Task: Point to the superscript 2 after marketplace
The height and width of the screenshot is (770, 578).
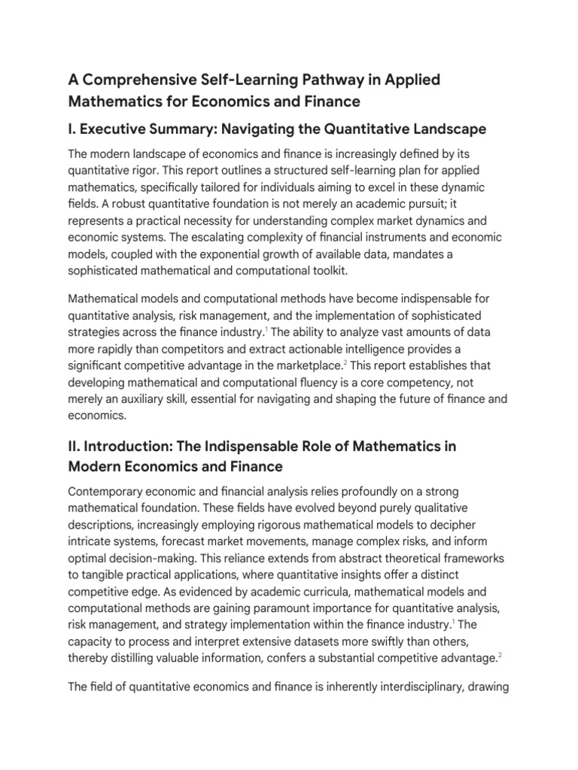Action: coord(346,363)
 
